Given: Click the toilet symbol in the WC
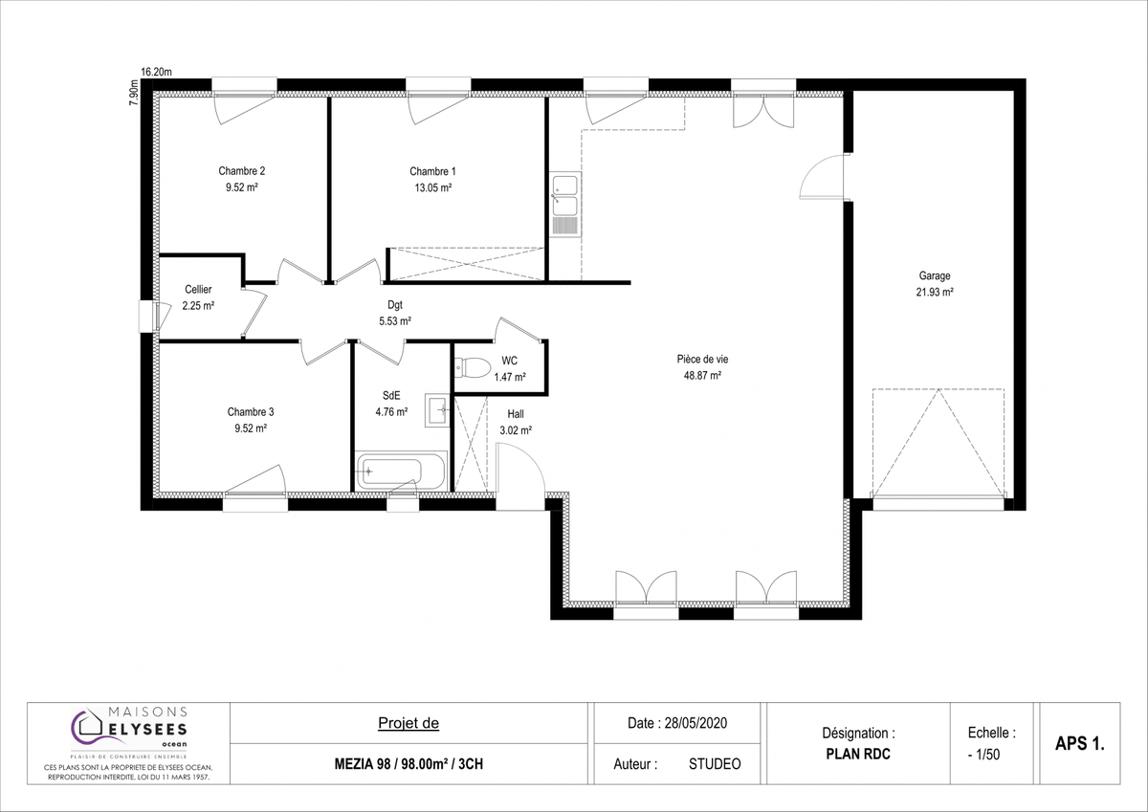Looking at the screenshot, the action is coord(473,367).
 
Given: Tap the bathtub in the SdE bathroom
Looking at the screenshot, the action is coord(401,471).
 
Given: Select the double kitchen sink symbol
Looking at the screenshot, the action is coord(565,205).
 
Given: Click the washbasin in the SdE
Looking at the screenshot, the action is coord(437,410).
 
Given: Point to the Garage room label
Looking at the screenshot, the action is coord(935,275).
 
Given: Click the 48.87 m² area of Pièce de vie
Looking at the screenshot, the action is coord(702,376).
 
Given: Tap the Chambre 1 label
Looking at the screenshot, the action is coord(432,171).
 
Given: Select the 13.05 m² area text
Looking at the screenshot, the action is coord(433,187).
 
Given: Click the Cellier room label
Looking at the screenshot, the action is coord(198,290).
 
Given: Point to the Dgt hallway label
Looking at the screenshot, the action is coord(394,305).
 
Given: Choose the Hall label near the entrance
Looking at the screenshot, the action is coord(516,414).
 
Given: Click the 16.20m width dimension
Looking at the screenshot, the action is coord(156,72).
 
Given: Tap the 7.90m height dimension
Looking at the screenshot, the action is coord(133,93).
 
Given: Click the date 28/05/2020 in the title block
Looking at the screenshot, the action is coord(695,723).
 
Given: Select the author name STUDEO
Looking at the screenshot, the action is coord(715,764).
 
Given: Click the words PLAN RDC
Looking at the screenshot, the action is coord(858,754).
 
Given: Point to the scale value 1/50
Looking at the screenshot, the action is coord(987,755).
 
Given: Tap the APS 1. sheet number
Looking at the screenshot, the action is coord(1080,743).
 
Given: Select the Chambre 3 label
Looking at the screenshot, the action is coord(251,412).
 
